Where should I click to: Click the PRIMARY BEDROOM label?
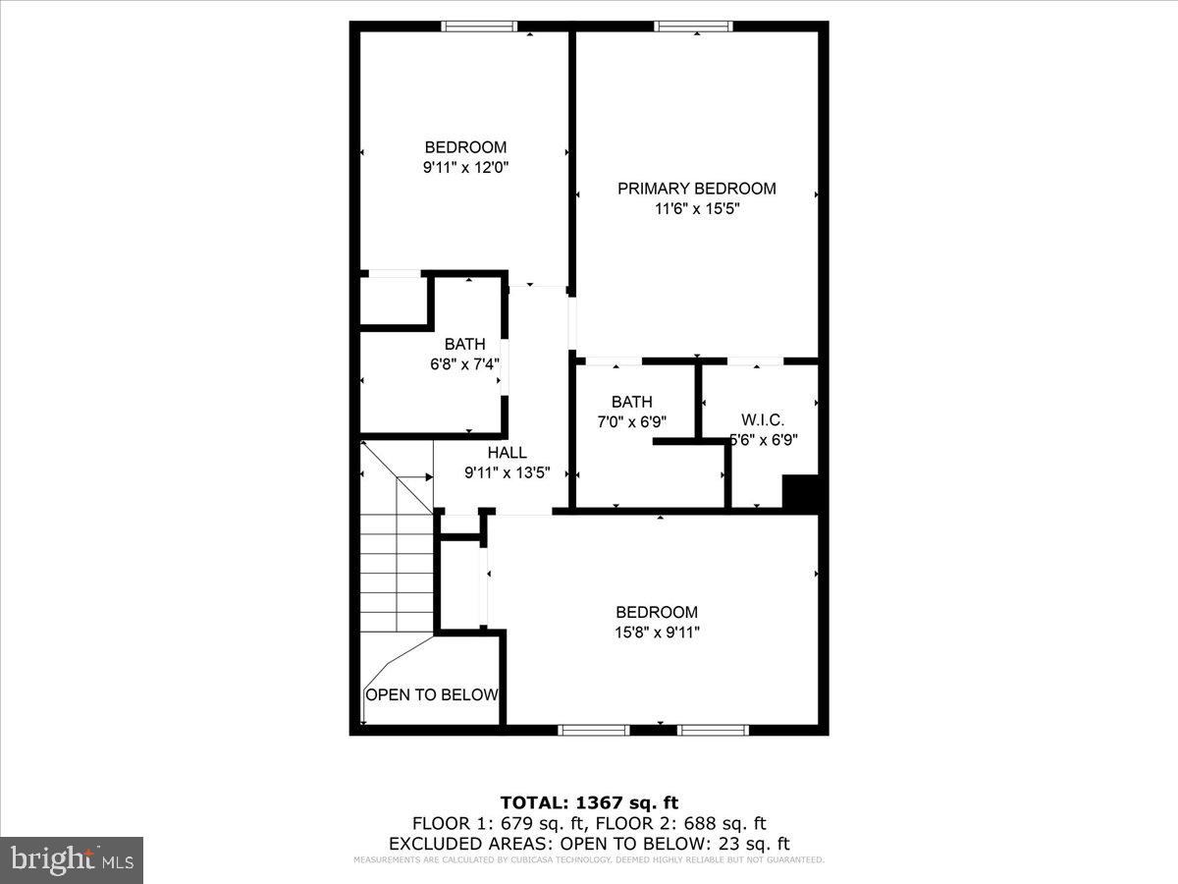pos(696,189)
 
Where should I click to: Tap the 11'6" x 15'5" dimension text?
pos(696,208)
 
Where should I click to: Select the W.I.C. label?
pos(756,419)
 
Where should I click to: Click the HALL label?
pos(508,453)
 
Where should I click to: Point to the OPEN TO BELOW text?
pos(431,694)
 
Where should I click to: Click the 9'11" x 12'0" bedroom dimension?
pos(465,168)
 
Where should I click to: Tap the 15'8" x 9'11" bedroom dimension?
pos(657,633)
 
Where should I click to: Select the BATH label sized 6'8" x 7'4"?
pos(464,344)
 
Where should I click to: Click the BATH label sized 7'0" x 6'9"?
pos(631,402)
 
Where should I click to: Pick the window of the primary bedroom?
pos(695,27)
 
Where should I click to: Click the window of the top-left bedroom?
pos(479,27)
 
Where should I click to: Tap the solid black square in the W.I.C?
pos(800,493)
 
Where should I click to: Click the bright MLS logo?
pos(72,860)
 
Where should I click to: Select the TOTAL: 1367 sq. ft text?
pos(589,802)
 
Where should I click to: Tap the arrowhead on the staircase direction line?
pos(429,477)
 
